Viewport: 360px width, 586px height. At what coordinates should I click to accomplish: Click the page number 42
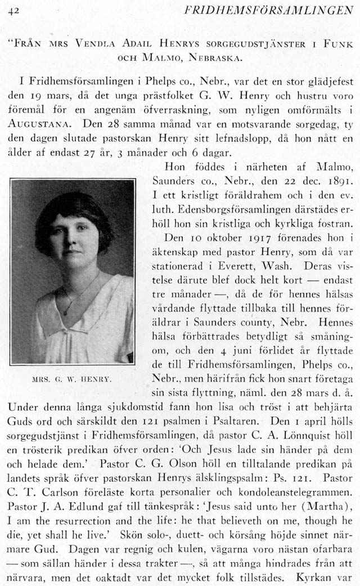(14, 10)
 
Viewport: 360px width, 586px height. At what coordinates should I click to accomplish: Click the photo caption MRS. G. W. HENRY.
(72, 379)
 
